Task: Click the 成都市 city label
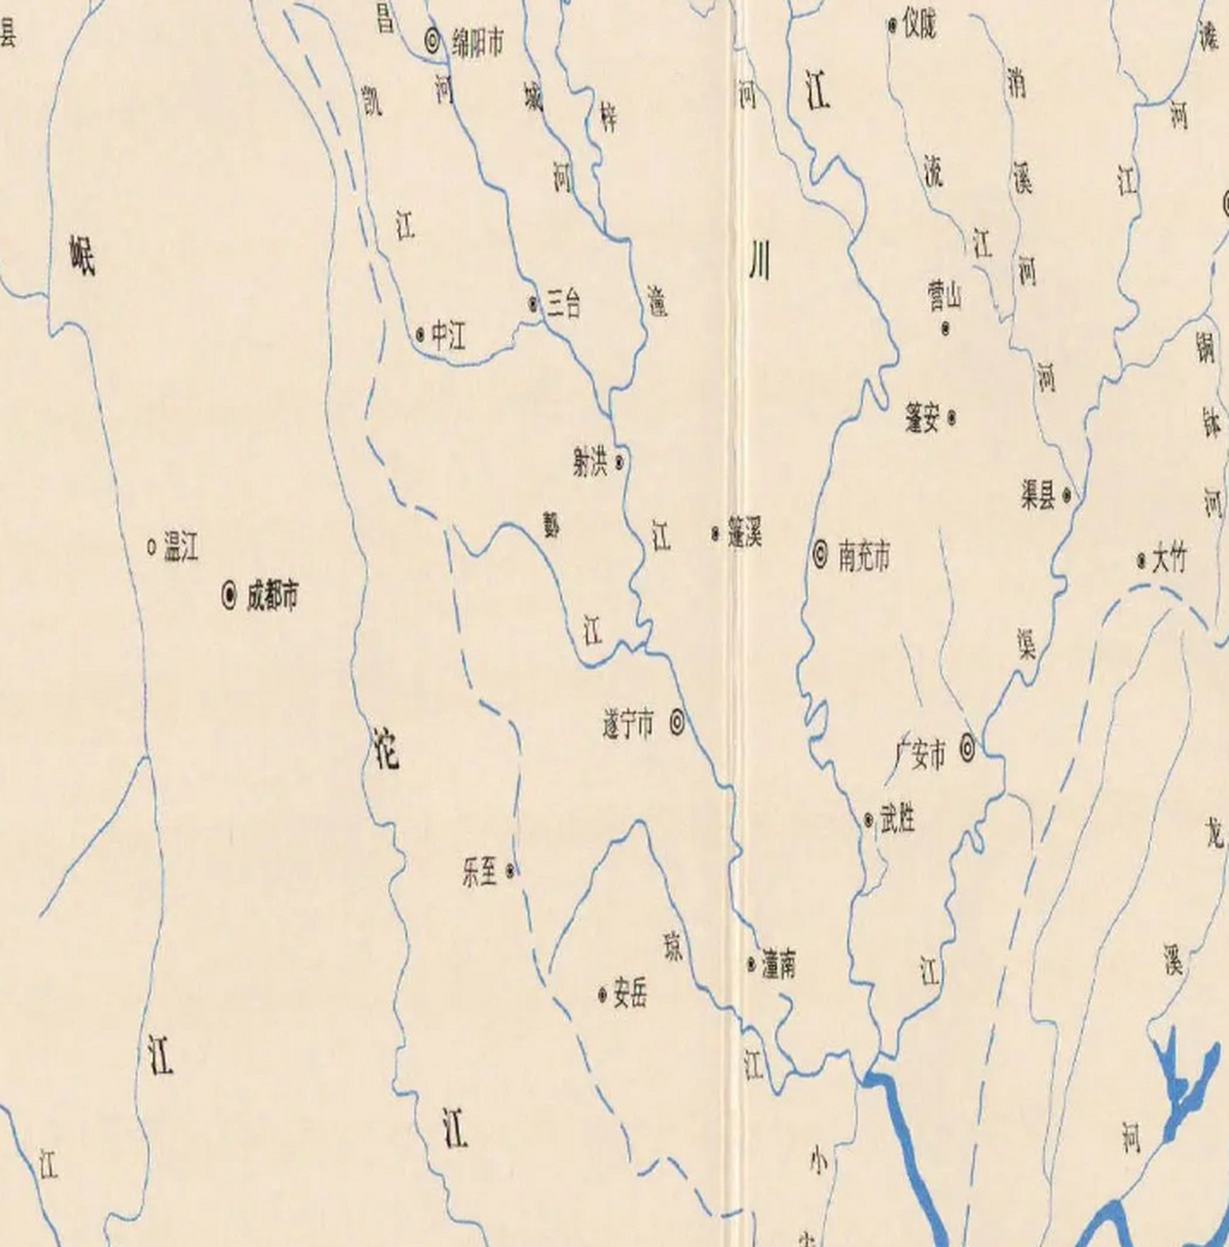(272, 595)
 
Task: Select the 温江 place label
(181, 548)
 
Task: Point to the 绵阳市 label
(477, 42)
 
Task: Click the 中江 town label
(449, 337)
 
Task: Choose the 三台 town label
(563, 304)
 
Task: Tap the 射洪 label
(590, 463)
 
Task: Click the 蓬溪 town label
(745, 534)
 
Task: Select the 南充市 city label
(864, 556)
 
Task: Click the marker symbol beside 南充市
(821, 555)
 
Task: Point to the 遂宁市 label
(628, 724)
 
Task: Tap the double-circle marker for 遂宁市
(676, 723)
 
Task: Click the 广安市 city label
(920, 754)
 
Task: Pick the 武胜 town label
(897, 820)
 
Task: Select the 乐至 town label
(480, 871)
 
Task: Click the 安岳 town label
(630, 995)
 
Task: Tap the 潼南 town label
(779, 964)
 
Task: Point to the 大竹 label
(1170, 560)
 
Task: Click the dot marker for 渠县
(1067, 496)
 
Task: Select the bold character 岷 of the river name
(83, 255)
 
